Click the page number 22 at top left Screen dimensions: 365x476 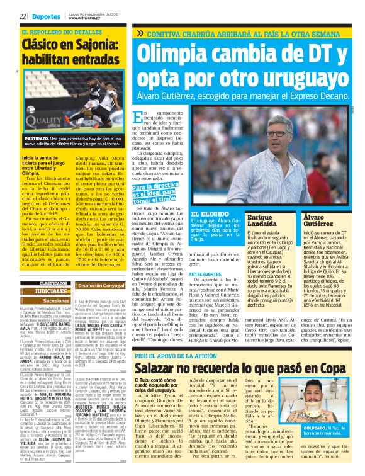point(22,16)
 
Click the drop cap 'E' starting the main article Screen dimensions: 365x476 point(140,135)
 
